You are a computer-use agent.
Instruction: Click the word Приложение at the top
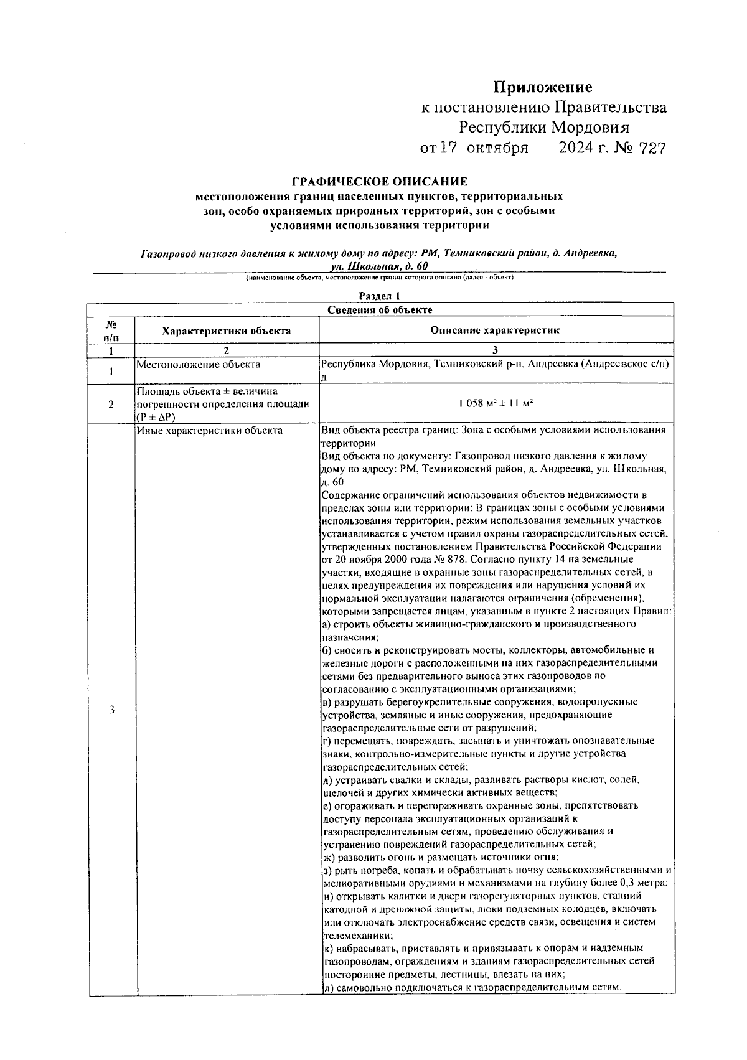[x=543, y=87]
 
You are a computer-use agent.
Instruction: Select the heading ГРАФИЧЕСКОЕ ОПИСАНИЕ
[x=380, y=182]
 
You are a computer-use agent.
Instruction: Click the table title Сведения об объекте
[x=380, y=309]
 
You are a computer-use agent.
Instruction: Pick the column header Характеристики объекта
[x=226, y=331]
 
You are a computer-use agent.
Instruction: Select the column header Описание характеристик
[x=495, y=331]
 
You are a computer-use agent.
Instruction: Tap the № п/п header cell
[x=111, y=330]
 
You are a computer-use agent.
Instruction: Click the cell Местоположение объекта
[x=198, y=365]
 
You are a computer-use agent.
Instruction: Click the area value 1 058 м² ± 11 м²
[x=496, y=404]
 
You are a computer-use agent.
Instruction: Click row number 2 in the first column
[x=111, y=404]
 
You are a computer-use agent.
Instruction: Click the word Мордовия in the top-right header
[x=590, y=128]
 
